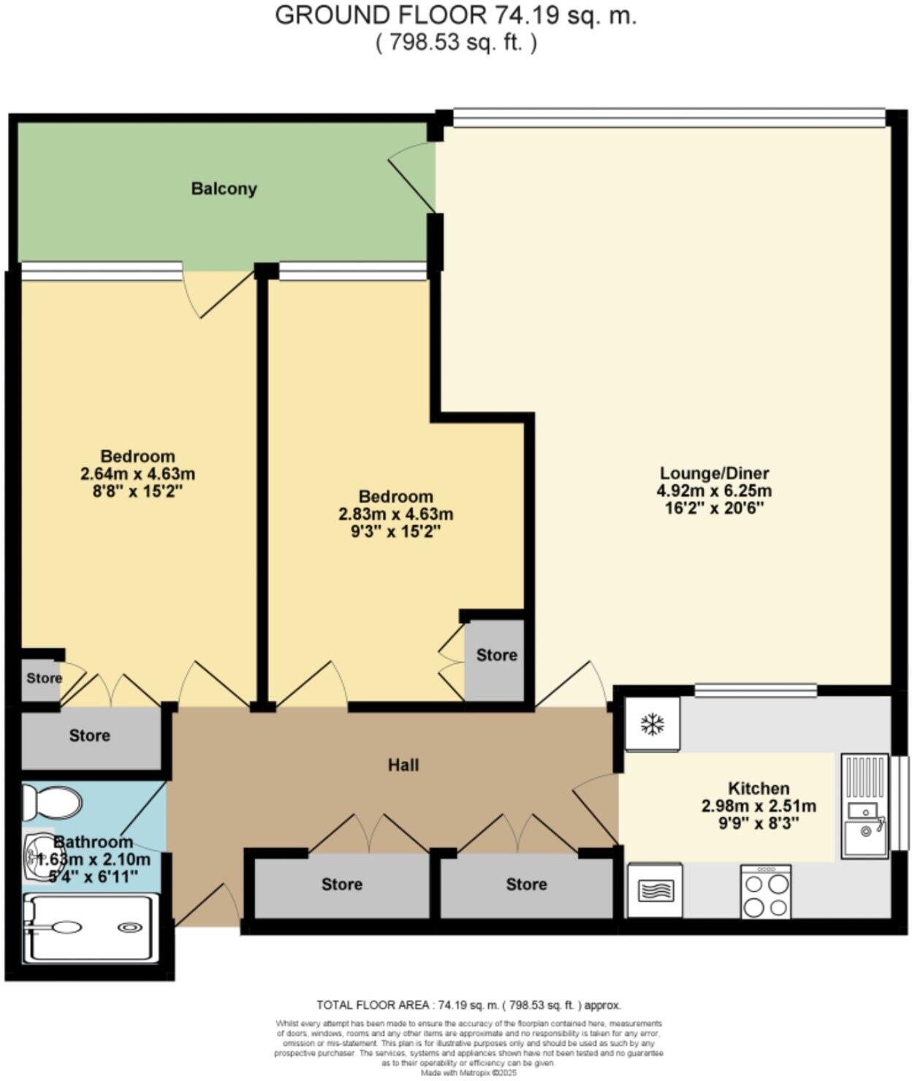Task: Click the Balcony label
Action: click(224, 188)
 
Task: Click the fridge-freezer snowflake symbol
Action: click(652, 725)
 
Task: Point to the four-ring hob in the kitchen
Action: click(765, 892)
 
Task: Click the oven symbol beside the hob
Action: click(655, 891)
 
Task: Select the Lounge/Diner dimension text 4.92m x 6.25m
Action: click(714, 491)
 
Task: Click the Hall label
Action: click(403, 765)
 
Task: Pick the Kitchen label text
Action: click(759, 789)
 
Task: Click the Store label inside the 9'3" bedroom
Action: click(496, 655)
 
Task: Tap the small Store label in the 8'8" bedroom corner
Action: click(45, 678)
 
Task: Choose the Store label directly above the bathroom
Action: click(89, 736)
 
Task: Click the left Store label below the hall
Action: click(342, 885)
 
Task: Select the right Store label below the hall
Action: click(526, 885)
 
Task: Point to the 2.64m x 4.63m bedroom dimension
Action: click(137, 474)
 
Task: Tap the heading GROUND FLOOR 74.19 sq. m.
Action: click(455, 15)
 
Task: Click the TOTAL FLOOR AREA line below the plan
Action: click(468, 1005)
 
